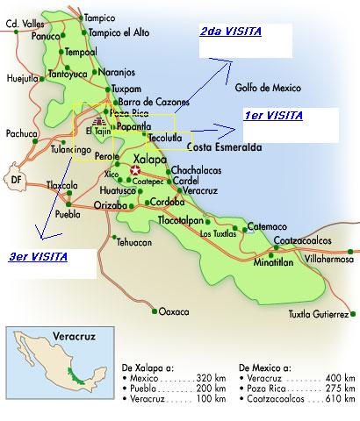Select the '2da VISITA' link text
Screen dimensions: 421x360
(x=230, y=32)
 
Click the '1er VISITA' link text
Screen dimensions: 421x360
(x=273, y=116)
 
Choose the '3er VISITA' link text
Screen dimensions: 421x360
(x=37, y=257)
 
